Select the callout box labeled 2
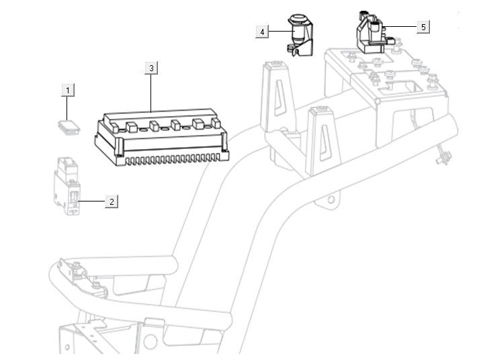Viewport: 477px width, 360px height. [112, 201]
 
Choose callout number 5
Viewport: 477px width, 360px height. [423, 27]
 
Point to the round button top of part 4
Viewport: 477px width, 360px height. [297, 17]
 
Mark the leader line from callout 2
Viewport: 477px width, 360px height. [92, 201]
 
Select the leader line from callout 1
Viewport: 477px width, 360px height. [67, 107]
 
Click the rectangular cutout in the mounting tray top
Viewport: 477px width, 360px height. [404, 87]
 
